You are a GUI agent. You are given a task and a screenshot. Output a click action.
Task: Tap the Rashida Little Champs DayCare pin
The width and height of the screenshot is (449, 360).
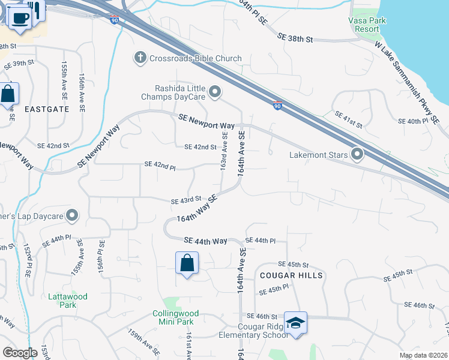[215, 92]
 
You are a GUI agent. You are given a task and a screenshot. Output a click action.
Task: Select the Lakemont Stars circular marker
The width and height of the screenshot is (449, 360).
[358, 155]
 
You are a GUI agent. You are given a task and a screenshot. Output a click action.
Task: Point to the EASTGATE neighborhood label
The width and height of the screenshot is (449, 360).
[47, 109]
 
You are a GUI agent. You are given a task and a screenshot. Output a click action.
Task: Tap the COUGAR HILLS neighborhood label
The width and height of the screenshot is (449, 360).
[292, 275]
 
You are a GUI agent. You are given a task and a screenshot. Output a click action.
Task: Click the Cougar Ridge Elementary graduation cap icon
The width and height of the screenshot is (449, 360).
[295, 323]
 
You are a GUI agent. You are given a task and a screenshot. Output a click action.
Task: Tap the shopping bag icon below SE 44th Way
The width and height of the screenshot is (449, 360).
[187, 263]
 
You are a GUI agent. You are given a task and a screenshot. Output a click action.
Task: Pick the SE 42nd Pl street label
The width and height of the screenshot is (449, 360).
[160, 165]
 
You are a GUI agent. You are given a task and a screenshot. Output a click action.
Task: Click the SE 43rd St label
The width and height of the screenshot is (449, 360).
[185, 200]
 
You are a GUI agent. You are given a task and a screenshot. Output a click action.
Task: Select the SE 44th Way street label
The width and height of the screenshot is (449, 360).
[205, 241]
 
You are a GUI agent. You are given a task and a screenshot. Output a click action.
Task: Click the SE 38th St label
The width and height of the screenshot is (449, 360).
[295, 38]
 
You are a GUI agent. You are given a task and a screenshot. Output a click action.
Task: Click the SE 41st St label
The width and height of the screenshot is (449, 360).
[349, 119]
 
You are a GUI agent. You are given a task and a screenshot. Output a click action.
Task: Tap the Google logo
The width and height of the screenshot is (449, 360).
[20, 353]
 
